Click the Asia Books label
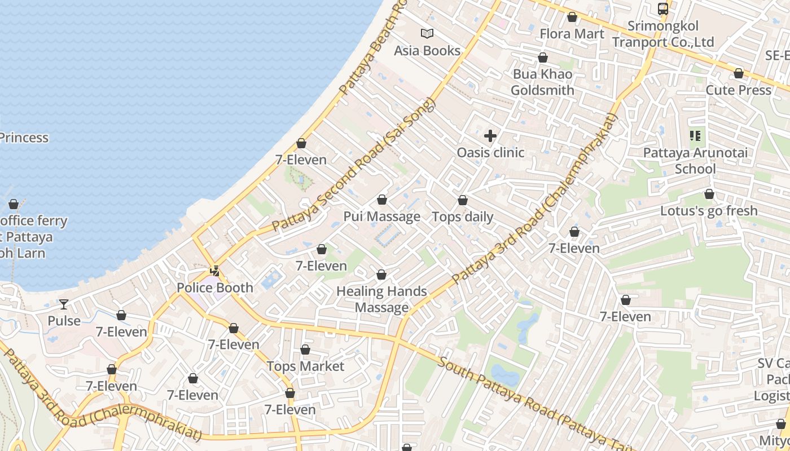coord(427,51)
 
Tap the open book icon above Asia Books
coord(427,34)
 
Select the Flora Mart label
coord(572,34)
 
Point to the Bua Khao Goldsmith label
coord(542,82)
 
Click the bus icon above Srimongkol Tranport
coord(663,9)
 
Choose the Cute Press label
coord(738,90)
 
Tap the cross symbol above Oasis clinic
coord(490,136)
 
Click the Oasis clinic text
coord(490,153)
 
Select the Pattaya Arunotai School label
coord(695,161)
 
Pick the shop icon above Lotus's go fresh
coord(709,194)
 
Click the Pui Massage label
coord(382,216)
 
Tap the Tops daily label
coord(462,217)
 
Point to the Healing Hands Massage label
coord(381,299)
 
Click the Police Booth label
coord(215,288)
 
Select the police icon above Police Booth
coord(214,271)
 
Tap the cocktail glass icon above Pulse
coord(64,304)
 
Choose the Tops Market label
coord(305,366)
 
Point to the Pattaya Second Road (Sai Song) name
coord(354,165)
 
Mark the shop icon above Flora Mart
coord(572,17)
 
